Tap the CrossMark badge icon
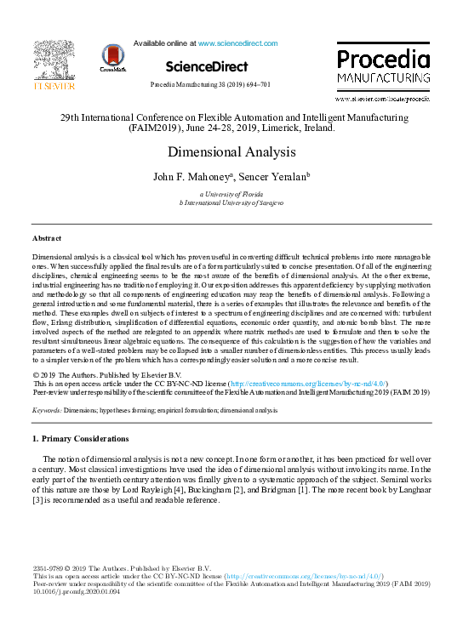click(111, 57)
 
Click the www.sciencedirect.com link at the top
click(235, 42)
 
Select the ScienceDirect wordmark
click(207, 66)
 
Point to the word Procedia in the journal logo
click(383, 60)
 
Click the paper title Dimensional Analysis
click(231, 152)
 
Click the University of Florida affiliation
click(231, 195)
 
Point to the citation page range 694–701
click(257, 85)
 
